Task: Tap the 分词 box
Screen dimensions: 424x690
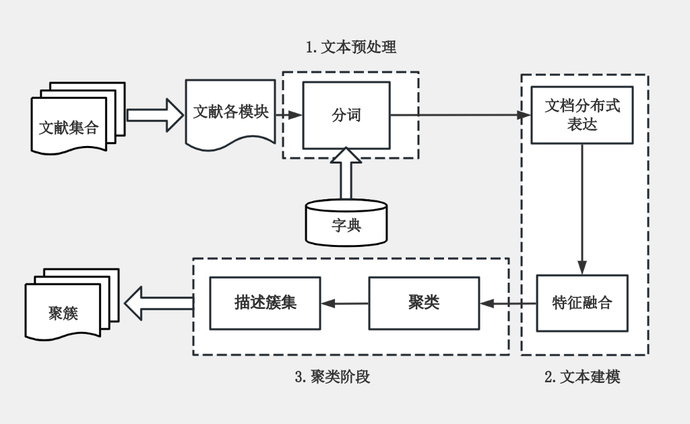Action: point(346,115)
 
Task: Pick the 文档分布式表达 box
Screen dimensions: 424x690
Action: point(582,115)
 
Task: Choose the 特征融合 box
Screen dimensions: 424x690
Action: point(582,303)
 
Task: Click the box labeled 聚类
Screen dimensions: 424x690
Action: point(424,303)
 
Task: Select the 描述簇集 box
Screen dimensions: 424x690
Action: point(265,303)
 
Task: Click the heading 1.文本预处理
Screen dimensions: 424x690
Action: point(350,47)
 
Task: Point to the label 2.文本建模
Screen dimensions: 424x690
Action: point(582,377)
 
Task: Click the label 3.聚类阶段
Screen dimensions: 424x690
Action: point(332,377)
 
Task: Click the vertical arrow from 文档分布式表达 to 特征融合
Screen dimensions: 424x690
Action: point(582,209)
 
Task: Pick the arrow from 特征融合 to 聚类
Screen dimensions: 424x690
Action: point(508,304)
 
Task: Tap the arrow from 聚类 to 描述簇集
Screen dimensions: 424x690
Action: point(344,304)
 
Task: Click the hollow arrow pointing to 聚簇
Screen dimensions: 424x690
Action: point(159,304)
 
